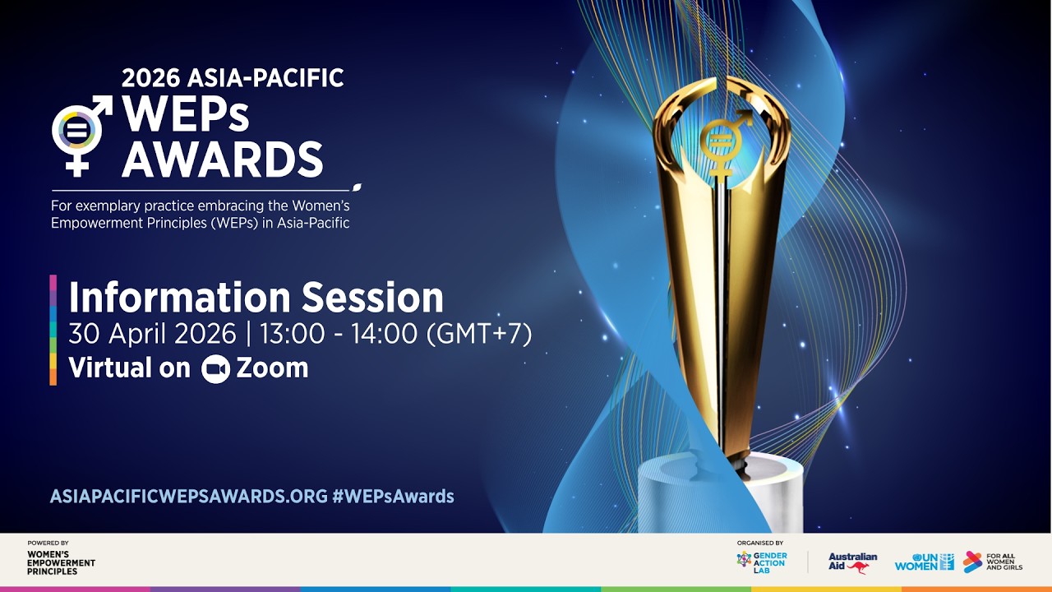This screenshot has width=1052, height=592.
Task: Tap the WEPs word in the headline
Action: tap(186, 114)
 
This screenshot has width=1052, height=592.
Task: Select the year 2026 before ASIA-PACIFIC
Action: tap(150, 78)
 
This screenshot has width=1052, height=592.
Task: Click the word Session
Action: tap(372, 298)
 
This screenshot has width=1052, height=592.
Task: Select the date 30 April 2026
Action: tap(152, 334)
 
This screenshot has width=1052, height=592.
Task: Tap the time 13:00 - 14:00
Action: tap(339, 334)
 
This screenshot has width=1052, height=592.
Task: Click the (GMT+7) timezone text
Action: tap(479, 334)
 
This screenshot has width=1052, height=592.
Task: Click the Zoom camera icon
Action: tap(215, 369)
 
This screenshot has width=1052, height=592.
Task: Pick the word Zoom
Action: tap(272, 368)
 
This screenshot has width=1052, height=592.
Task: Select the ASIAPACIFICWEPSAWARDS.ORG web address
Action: tap(189, 496)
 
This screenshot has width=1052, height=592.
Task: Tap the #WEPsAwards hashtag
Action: tap(394, 496)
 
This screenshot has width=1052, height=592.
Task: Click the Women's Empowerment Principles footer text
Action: tap(61, 563)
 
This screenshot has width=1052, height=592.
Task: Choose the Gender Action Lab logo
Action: tap(762, 562)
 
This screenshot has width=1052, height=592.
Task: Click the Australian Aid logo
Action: tap(852, 563)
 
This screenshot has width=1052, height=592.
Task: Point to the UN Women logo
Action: tap(925, 562)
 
